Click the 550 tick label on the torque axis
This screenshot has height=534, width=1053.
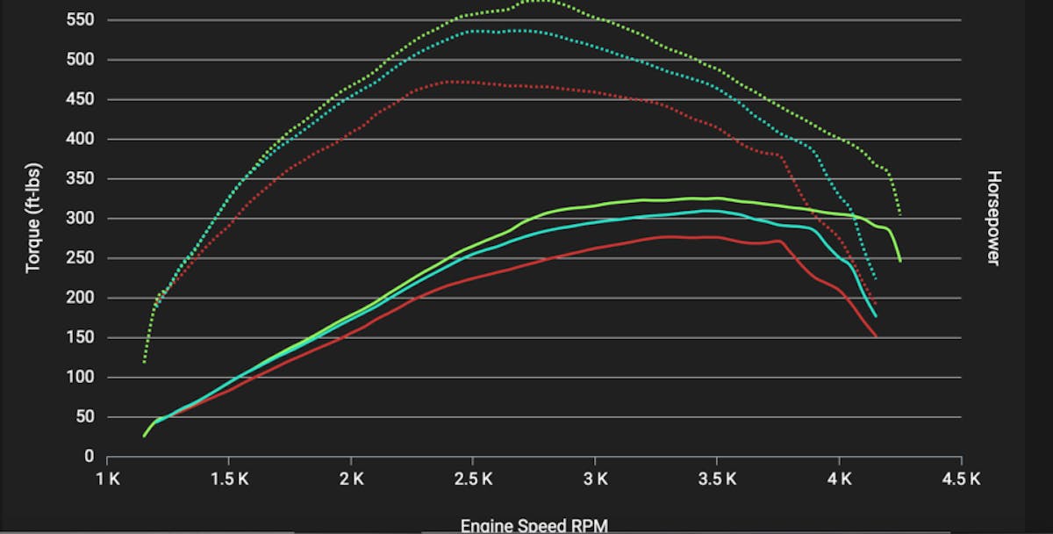pyautogui.click(x=82, y=20)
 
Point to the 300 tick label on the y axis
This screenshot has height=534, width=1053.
pyautogui.click(x=82, y=219)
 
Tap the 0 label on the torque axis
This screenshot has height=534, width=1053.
pyautogui.click(x=89, y=457)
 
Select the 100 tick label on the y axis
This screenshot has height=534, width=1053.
pyautogui.click(x=82, y=378)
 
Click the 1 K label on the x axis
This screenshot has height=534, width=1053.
pyautogui.click(x=107, y=479)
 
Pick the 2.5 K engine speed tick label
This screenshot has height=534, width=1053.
pyautogui.click(x=473, y=479)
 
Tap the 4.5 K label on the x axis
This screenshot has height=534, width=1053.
pyautogui.click(x=961, y=479)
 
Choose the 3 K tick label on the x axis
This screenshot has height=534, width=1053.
pyautogui.click(x=595, y=479)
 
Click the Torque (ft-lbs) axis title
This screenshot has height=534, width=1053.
pyautogui.click(x=33, y=217)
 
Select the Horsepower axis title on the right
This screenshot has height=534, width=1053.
pyautogui.click(x=993, y=217)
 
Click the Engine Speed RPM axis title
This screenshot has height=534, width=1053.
pyautogui.click(x=534, y=525)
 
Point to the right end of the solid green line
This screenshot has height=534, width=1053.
pyautogui.click(x=899, y=261)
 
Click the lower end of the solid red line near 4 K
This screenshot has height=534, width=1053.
pyautogui.click(x=876, y=336)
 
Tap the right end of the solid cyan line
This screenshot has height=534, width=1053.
pyautogui.click(x=875, y=316)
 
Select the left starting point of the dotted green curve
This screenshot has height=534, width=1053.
pyautogui.click(x=144, y=362)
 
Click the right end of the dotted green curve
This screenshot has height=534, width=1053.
pyautogui.click(x=899, y=213)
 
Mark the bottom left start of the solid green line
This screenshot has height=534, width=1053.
pyautogui.click(x=144, y=436)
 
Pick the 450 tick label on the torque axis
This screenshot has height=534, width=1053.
pyautogui.click(x=82, y=100)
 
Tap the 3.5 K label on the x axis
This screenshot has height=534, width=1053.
pyautogui.click(x=717, y=479)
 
